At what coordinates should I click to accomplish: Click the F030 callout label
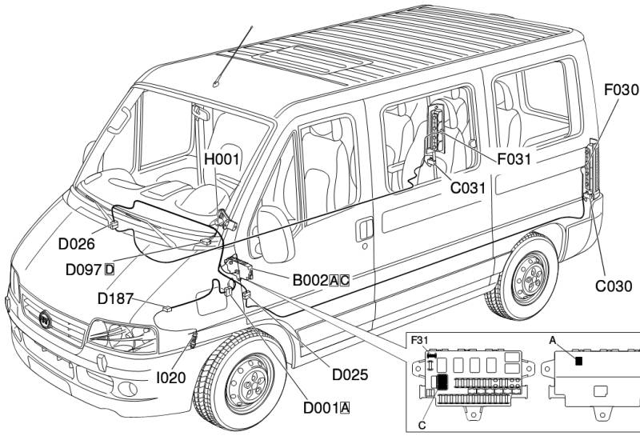622,90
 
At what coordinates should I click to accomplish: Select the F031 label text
514,159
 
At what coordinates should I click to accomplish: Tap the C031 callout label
468,188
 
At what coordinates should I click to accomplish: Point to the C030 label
614,286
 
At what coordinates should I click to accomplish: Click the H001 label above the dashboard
222,159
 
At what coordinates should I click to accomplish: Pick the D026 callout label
76,244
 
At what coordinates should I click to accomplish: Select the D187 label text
115,299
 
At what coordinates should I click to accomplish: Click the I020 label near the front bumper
171,378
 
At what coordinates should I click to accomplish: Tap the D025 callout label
350,374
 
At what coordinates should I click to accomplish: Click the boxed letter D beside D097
110,270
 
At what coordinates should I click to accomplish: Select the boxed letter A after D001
345,408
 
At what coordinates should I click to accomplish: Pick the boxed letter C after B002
345,281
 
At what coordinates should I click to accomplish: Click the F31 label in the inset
419,340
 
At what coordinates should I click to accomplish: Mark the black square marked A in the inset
578,361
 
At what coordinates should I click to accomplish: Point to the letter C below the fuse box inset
422,426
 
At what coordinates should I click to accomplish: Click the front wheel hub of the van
250,382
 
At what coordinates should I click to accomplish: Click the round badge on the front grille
46,319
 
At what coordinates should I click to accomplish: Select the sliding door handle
365,230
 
